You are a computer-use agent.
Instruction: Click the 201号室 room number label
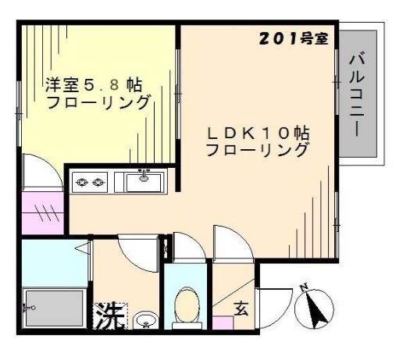click(x=294, y=39)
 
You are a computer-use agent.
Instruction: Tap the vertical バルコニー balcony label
click(x=357, y=95)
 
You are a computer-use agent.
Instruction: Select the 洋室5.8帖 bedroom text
click(x=94, y=84)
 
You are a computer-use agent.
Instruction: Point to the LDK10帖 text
click(x=258, y=134)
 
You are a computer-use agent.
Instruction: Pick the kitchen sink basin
click(x=144, y=182)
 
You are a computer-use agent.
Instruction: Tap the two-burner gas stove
click(x=90, y=182)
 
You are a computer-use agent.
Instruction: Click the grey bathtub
click(x=55, y=308)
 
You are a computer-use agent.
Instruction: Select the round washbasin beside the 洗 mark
click(x=145, y=320)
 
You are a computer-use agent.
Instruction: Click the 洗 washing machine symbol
click(x=110, y=315)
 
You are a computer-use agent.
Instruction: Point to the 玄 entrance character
click(x=241, y=308)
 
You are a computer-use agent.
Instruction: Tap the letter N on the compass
click(x=304, y=288)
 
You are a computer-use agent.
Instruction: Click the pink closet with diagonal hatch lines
click(x=43, y=213)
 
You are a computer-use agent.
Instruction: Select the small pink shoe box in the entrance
click(x=223, y=323)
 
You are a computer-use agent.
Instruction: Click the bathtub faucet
click(x=29, y=308)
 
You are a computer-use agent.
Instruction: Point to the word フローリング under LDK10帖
click(x=256, y=149)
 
